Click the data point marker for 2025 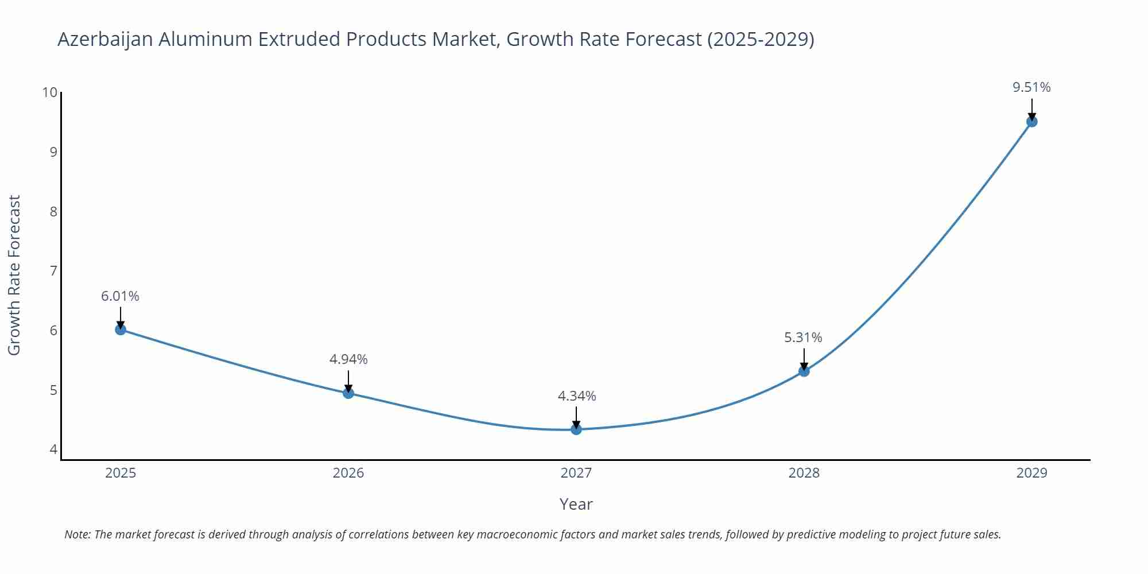(x=121, y=329)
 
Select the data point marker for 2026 (x=348, y=393)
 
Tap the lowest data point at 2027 (x=576, y=429)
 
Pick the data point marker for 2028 (x=804, y=371)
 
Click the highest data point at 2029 (x=1031, y=122)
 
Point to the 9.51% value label (x=1031, y=87)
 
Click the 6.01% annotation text (x=120, y=296)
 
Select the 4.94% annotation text (x=348, y=359)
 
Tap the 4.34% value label (x=577, y=396)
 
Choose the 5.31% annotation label (x=803, y=338)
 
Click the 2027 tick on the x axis (x=576, y=473)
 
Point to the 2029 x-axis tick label (x=1031, y=473)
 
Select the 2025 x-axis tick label (x=121, y=473)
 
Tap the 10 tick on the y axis (x=50, y=92)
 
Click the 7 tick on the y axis (x=53, y=271)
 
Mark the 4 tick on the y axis (x=53, y=449)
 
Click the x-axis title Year (x=576, y=504)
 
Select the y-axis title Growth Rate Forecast (x=14, y=275)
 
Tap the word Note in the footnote (x=77, y=534)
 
